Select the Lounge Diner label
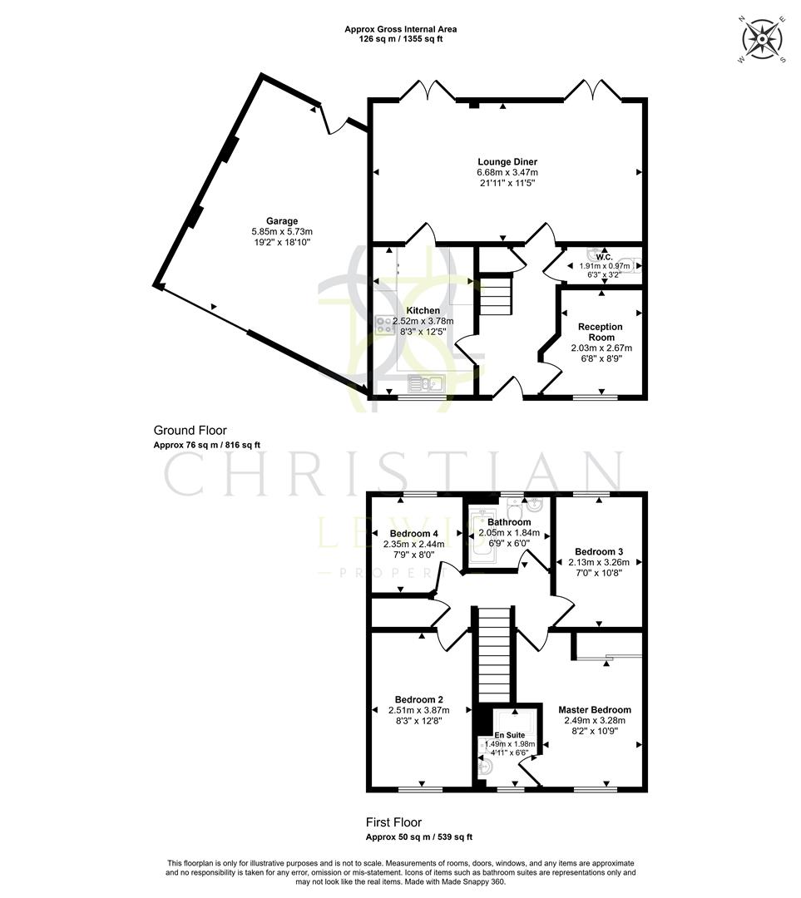[507, 161]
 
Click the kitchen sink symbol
[428, 383]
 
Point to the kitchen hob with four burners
[385, 326]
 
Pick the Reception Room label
[601, 332]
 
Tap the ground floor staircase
[496, 295]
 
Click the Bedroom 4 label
[413, 534]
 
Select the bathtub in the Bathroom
[482, 536]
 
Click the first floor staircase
[495, 657]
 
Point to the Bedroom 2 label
[418, 698]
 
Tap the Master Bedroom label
[594, 710]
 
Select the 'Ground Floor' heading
[190, 431]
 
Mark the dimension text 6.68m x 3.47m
[507, 172]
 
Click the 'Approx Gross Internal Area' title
[400, 29]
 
